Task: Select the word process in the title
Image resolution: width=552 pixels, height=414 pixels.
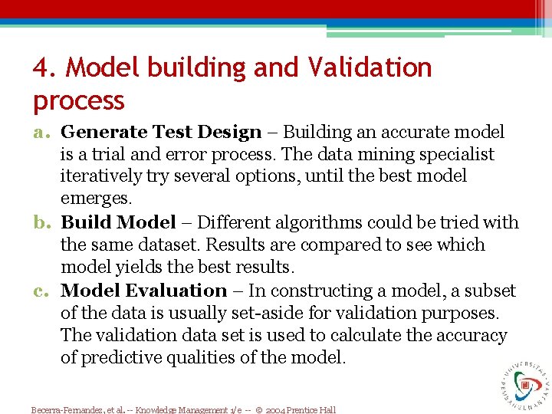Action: pyautogui.click(x=78, y=101)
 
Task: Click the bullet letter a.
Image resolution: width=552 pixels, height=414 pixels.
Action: pyautogui.click(x=42, y=133)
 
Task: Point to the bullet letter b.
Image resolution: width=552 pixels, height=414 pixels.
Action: pyautogui.click(x=42, y=223)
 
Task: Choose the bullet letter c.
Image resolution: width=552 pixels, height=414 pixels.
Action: pyautogui.click(x=42, y=291)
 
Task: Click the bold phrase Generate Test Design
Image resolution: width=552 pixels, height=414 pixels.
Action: pyautogui.click(x=161, y=133)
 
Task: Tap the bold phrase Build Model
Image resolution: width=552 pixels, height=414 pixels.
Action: pyautogui.click(x=118, y=223)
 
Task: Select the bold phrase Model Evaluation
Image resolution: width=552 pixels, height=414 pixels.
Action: pyautogui.click(x=143, y=291)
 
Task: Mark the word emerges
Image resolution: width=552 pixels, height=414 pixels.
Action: pyautogui.click(x=97, y=199)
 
